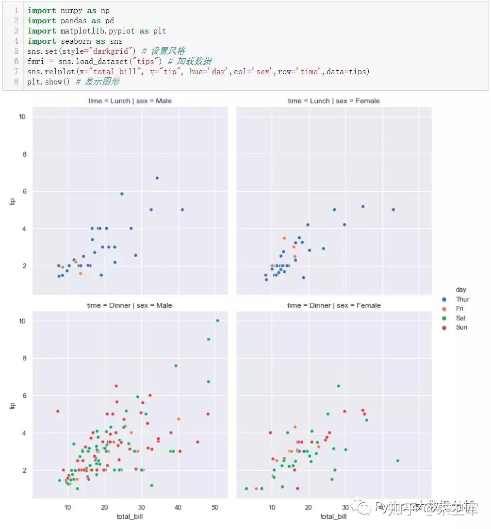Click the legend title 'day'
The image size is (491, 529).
tap(461, 290)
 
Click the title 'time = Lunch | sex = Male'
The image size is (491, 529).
tap(129, 101)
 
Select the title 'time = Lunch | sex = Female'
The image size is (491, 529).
tap(333, 101)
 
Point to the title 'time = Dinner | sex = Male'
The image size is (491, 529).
tap(129, 305)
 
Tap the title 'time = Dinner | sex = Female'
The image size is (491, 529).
tap(333, 305)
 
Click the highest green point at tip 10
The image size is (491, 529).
tap(217, 320)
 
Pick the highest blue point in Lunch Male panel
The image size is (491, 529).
tap(157, 178)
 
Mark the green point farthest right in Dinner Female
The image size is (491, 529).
tap(397, 461)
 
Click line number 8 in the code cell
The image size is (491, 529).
tap(16, 82)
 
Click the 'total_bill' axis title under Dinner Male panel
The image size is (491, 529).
tap(129, 516)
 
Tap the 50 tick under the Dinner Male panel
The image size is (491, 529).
tap(215, 507)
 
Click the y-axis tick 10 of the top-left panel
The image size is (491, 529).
tap(22, 117)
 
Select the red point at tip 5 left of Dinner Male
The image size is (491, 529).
tap(58, 411)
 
